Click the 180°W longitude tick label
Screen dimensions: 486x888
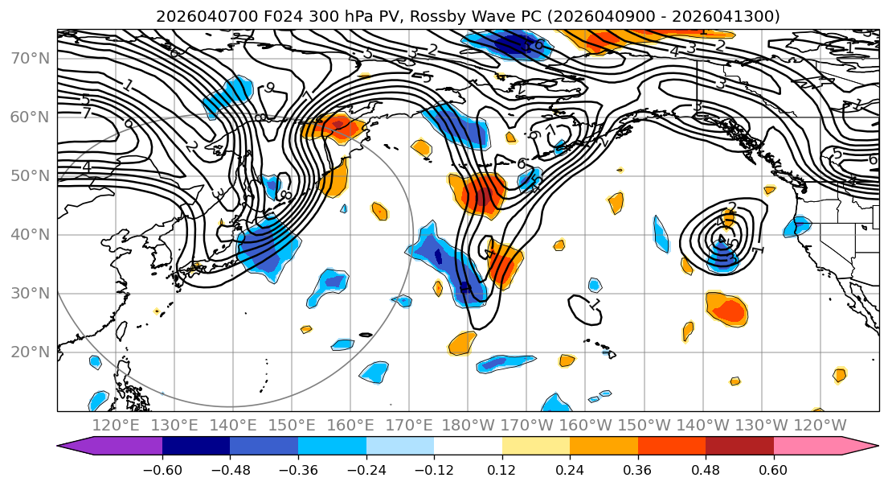click(468, 425)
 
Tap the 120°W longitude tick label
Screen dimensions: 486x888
click(820, 425)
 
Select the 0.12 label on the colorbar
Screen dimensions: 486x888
click(501, 468)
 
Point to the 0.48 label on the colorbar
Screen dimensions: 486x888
click(706, 468)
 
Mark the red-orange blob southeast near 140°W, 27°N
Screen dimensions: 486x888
click(727, 310)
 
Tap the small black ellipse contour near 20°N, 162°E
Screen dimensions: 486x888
click(366, 335)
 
